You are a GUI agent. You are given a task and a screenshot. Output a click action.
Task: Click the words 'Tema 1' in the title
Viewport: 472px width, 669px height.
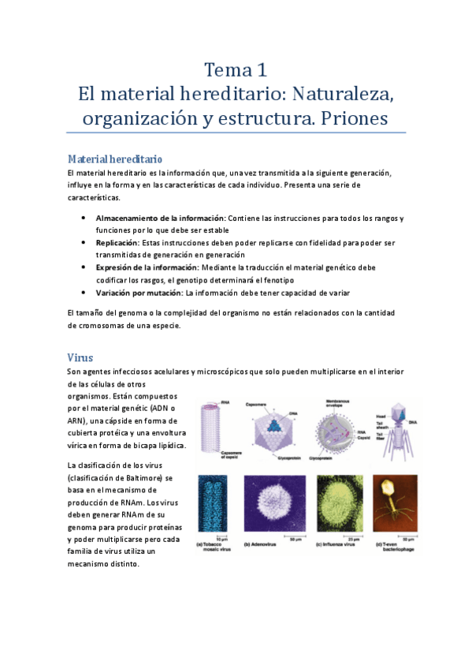coord(235,69)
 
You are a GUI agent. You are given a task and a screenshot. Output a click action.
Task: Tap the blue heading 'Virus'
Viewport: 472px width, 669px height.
coord(81,357)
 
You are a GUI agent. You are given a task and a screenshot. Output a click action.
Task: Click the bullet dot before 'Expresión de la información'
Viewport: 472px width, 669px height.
coord(84,267)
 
